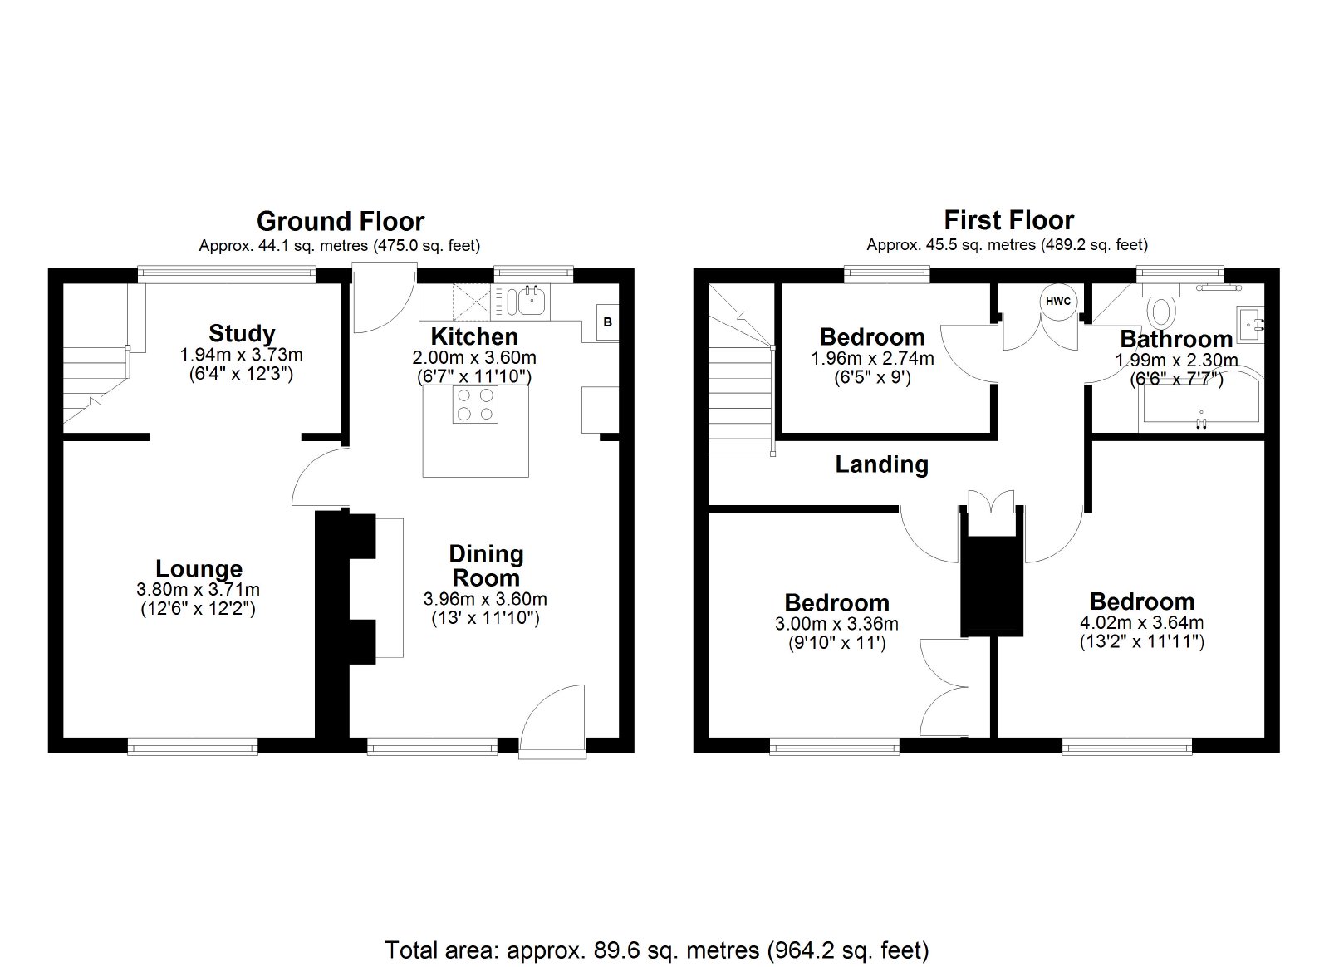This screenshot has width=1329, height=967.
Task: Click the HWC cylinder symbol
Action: tap(1058, 302)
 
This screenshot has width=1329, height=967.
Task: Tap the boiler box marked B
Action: tap(607, 322)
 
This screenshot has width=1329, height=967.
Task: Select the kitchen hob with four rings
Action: tap(475, 405)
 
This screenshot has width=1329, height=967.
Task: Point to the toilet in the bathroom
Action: tap(1161, 303)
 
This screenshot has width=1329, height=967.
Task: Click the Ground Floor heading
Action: tap(341, 221)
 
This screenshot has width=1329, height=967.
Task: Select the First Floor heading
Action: tap(1008, 221)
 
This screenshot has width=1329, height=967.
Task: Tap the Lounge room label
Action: tap(199, 569)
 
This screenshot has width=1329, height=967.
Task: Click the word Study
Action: tap(242, 334)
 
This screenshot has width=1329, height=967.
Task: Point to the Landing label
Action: tap(881, 464)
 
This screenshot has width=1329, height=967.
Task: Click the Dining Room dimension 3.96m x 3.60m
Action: tap(485, 599)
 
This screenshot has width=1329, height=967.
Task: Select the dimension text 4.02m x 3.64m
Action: tap(1141, 622)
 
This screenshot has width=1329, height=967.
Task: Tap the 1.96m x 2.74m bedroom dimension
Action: tap(872, 358)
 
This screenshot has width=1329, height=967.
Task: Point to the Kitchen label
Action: tap(474, 336)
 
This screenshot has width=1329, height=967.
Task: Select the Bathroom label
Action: tap(1176, 339)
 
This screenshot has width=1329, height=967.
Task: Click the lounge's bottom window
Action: tap(193, 746)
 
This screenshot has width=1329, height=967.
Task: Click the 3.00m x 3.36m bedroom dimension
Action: tap(836, 624)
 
